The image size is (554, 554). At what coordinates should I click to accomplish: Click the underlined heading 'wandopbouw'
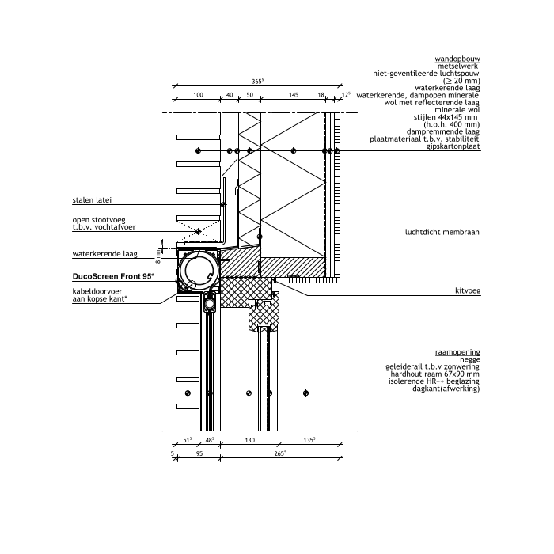pos(457,59)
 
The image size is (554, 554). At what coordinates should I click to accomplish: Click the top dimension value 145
pos(293,95)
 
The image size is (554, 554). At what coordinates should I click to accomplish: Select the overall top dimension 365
pos(257,82)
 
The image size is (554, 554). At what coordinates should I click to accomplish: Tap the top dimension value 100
pos(198,95)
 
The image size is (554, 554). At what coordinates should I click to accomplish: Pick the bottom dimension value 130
pos(250,440)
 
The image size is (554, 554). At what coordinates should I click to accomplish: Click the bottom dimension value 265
pos(279,453)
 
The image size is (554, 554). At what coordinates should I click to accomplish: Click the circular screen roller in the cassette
pos(199,271)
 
